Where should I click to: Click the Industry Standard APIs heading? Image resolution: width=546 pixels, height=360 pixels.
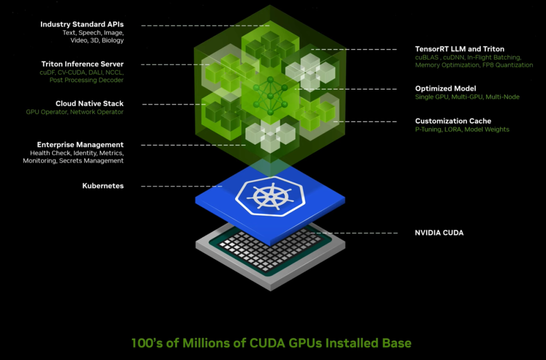82,24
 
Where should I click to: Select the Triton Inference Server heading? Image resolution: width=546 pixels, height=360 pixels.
82,64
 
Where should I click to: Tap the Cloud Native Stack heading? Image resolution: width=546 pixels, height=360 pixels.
89,104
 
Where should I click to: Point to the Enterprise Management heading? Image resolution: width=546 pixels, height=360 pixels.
80,145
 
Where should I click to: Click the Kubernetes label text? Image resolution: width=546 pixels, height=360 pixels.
103,186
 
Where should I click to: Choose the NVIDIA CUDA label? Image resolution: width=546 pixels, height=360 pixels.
439,233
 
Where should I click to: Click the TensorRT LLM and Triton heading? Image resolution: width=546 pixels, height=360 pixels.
460,49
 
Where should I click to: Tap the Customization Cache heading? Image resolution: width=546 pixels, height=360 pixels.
453,121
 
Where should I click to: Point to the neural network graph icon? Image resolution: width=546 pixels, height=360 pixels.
270,95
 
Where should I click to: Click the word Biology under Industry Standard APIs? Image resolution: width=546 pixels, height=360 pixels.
112,40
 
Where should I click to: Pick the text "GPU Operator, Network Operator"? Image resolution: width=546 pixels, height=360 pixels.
74,112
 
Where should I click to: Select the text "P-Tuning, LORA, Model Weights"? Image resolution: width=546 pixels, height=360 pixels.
462,129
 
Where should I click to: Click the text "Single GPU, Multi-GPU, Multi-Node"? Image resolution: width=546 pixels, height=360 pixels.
467,97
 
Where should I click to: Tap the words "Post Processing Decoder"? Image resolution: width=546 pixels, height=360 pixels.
86,80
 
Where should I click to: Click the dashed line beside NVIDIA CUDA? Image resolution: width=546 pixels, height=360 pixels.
352,233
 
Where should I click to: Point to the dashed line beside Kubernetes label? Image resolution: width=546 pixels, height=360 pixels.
181,186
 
